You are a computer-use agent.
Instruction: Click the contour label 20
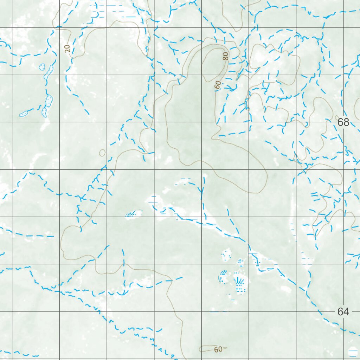click(68, 48)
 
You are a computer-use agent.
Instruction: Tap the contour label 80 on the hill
click(225, 56)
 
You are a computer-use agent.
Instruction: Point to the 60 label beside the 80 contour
click(218, 84)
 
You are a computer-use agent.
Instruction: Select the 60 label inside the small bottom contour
click(218, 349)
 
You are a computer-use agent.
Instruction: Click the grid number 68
click(343, 122)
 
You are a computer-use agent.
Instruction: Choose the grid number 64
click(343, 311)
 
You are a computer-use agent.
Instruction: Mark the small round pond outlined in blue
click(42, 66)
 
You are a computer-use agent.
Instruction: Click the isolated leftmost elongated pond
click(24, 114)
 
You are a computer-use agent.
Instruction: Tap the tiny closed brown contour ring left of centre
click(102, 153)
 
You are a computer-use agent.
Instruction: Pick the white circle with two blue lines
click(352, 351)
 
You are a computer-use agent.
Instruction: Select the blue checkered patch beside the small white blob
click(130, 214)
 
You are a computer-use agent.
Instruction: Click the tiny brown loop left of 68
click(337, 117)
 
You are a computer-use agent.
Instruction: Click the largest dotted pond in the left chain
click(49, 101)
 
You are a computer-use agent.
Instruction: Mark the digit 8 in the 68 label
click(346, 122)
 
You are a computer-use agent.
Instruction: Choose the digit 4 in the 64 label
click(346, 311)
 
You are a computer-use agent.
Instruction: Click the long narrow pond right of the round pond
click(49, 71)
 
